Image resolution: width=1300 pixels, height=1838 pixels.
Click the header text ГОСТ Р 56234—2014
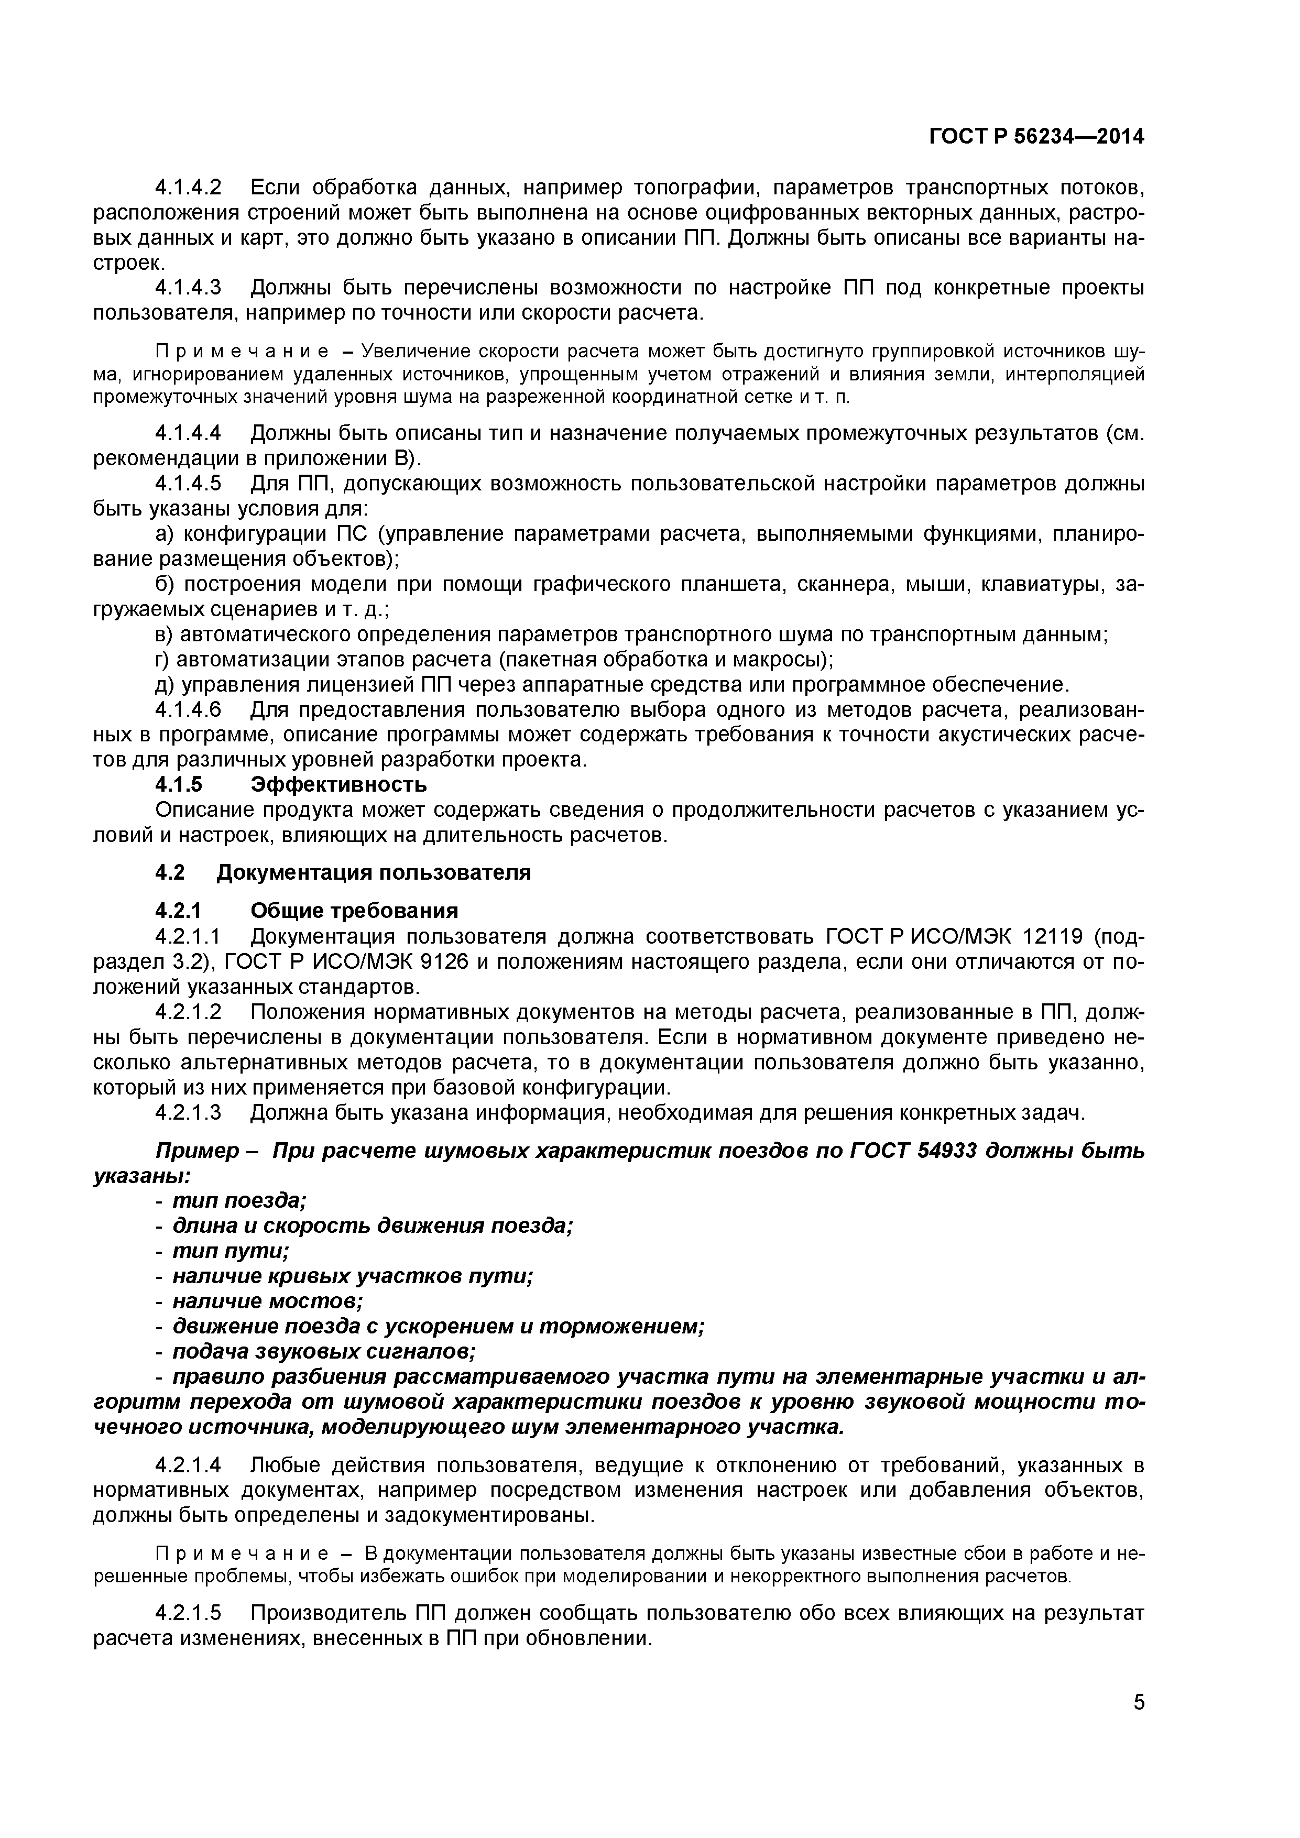[1036, 137]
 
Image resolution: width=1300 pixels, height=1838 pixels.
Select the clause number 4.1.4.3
[188, 288]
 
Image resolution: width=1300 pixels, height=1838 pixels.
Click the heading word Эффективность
[338, 784]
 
